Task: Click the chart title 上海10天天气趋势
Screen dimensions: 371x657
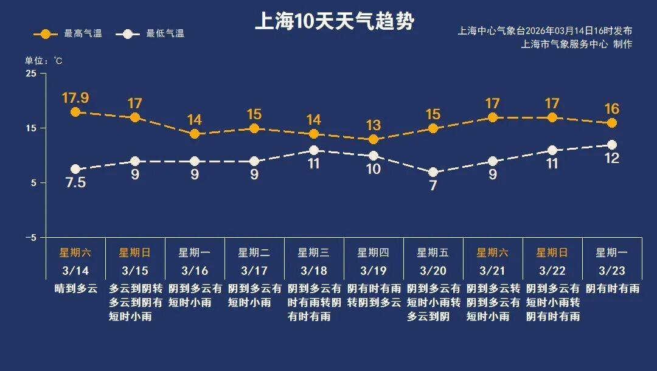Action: click(x=334, y=22)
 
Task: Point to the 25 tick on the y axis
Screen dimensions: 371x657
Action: click(x=30, y=74)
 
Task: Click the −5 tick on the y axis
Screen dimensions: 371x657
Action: click(x=30, y=237)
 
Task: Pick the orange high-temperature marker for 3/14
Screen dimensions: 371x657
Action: click(x=75, y=112)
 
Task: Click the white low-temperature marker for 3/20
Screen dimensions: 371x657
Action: click(x=433, y=173)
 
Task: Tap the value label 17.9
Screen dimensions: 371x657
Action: click(x=75, y=97)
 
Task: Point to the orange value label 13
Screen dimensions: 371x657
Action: click(x=374, y=125)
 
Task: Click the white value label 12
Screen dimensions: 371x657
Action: click(x=612, y=159)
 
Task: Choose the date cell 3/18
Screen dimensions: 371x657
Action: click(x=314, y=270)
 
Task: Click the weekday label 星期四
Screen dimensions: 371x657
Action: click(x=374, y=252)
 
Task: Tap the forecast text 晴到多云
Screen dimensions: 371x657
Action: click(x=75, y=288)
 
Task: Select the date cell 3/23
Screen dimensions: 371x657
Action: click(x=612, y=270)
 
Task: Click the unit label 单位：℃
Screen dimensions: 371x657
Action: click(x=43, y=60)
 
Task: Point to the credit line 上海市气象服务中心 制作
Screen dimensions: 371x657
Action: click(x=577, y=44)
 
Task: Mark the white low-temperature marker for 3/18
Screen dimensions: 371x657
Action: click(x=314, y=150)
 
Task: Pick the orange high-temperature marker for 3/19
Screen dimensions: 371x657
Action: click(x=374, y=139)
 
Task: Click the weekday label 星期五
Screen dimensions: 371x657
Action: click(x=433, y=252)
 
